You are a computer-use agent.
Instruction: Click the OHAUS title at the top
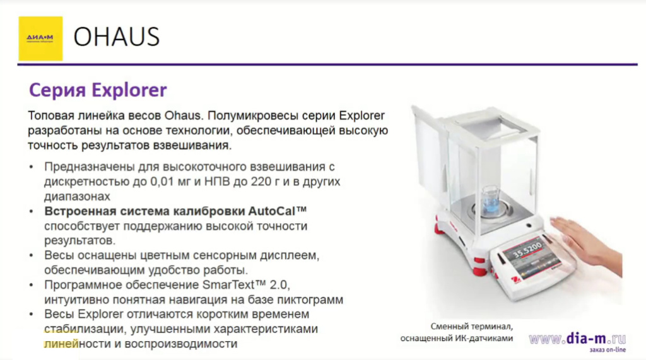117,38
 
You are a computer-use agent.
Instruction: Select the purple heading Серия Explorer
98,90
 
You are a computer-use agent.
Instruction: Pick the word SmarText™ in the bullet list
245,285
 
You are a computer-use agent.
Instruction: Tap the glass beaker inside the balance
489,200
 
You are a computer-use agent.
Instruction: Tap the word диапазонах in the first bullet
73,196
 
